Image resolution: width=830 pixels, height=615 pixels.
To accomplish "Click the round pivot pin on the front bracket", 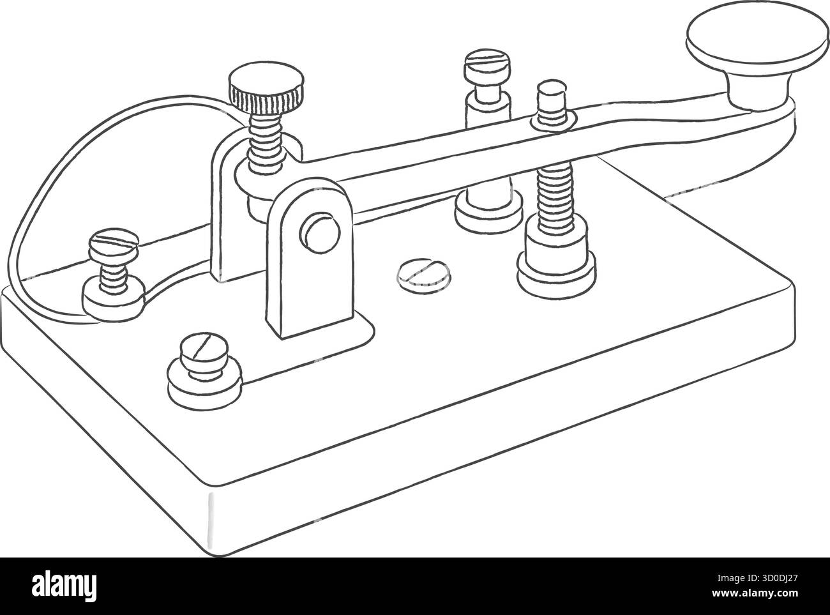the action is pyautogui.click(x=320, y=233).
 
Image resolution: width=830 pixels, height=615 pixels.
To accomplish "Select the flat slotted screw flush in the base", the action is pyautogui.click(x=423, y=276).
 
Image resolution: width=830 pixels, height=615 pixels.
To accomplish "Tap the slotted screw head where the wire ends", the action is pyautogui.click(x=114, y=245).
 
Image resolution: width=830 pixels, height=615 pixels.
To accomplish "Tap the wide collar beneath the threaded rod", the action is pyautogui.click(x=557, y=262).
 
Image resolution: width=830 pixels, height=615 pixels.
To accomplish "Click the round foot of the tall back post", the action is pyautogui.click(x=488, y=212).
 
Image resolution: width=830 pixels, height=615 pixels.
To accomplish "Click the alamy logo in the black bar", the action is pyautogui.click(x=64, y=588).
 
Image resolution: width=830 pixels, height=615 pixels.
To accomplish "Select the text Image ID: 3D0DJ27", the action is pyautogui.click(x=757, y=579).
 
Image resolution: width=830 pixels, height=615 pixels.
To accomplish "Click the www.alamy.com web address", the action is pyautogui.click(x=755, y=593).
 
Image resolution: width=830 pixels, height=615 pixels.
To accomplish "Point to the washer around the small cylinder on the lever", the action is pyautogui.click(x=553, y=121).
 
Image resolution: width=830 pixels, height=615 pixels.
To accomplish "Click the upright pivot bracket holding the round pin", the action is pyautogui.click(x=310, y=258).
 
